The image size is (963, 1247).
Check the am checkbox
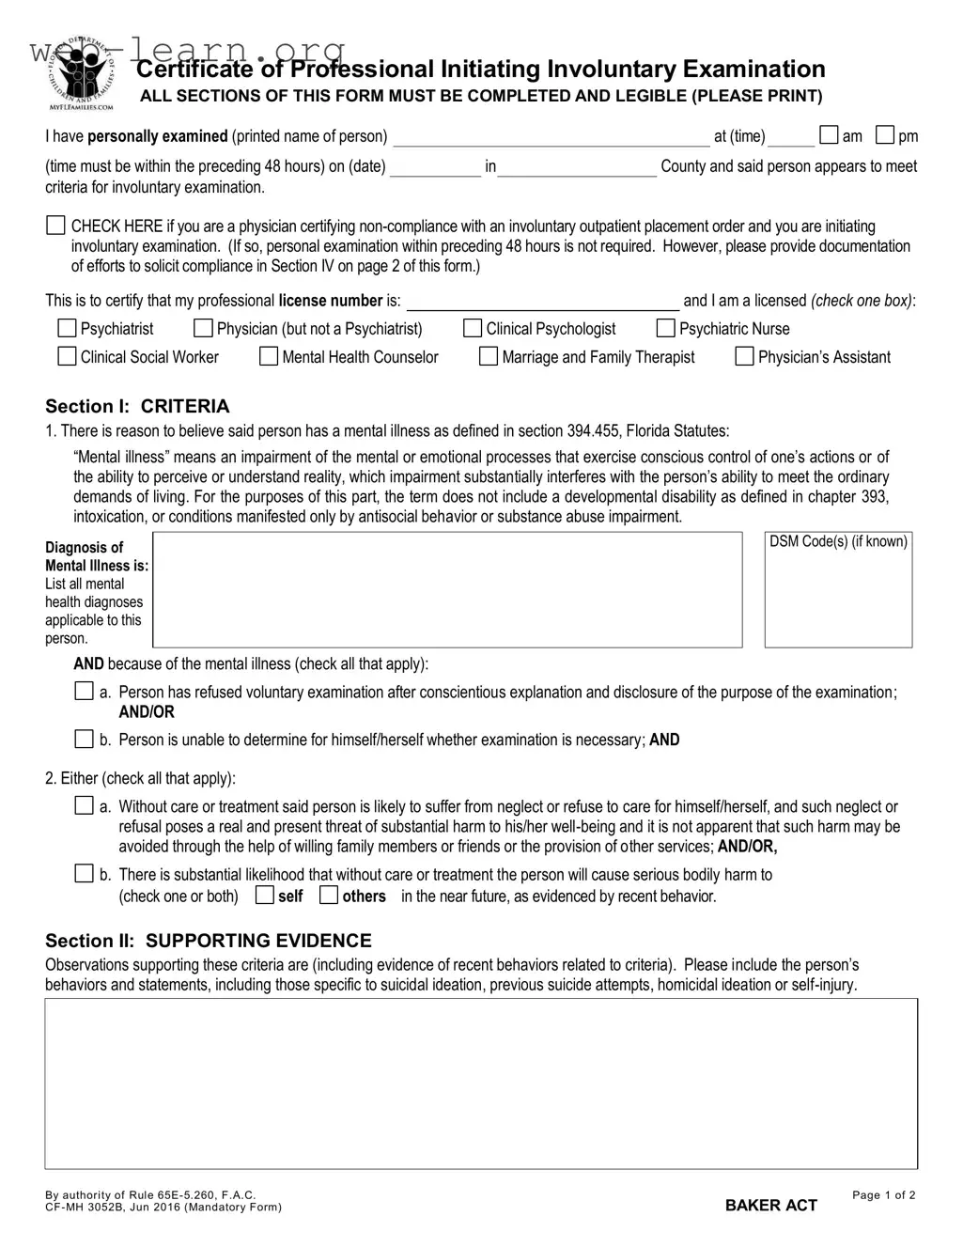pos(829,135)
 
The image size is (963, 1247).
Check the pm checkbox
pos(885,135)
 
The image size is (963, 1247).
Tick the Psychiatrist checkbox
pos(67,328)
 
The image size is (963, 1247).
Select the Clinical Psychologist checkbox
pos(473,328)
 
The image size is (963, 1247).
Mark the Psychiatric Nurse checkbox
pos(665,328)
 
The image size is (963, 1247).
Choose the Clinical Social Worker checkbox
pos(67,356)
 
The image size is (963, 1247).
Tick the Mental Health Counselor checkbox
pos(269,356)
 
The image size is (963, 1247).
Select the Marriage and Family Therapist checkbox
pos(489,356)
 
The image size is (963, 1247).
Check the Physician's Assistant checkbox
pos(744,356)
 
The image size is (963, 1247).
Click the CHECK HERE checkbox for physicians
pos(56,226)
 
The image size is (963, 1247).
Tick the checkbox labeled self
pos(265,895)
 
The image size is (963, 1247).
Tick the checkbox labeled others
pos(329,895)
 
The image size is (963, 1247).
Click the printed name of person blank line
pos(551,138)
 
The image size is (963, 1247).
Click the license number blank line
pos(542,303)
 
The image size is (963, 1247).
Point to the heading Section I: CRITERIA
pos(137,406)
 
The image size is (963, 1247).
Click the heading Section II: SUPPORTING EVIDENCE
pos(209,941)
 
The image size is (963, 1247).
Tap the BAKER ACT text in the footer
pos(771,1205)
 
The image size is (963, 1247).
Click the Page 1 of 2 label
pos(883,1194)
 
